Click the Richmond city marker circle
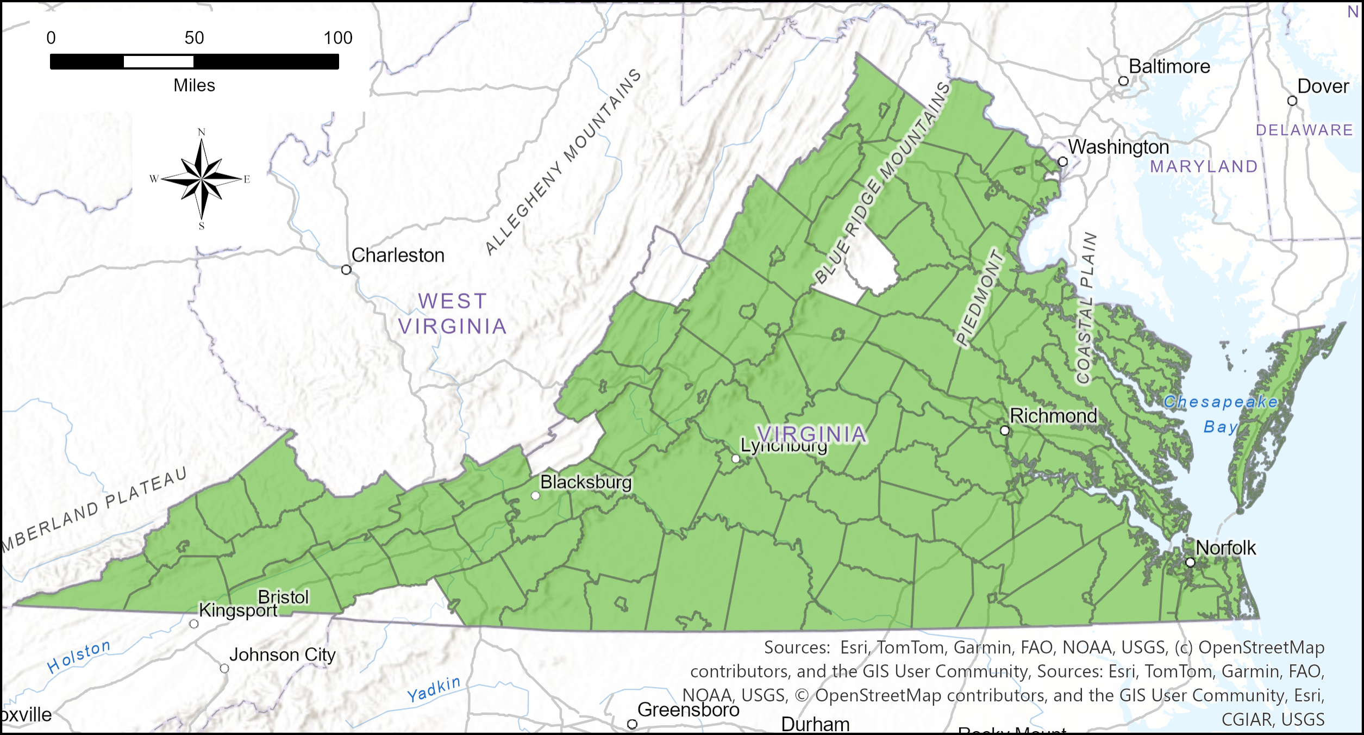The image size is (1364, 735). tap(1005, 431)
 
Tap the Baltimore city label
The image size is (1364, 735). tap(1169, 66)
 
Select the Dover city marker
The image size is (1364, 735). tap(1292, 101)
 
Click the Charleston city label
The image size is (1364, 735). tap(398, 255)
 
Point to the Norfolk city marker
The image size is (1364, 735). tap(1190, 562)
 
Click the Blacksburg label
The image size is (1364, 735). tap(586, 482)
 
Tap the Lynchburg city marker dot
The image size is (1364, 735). tap(736, 458)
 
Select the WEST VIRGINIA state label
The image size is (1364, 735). tap(452, 314)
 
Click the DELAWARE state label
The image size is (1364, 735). tap(1304, 130)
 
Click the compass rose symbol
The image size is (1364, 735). tap(202, 178)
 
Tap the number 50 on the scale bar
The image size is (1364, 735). tap(194, 38)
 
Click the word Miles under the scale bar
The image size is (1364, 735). tap(194, 85)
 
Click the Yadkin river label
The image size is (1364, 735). tap(434, 689)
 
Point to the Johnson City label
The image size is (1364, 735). tap(282, 655)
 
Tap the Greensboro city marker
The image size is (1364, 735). tap(632, 724)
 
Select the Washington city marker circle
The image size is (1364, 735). tap(1063, 161)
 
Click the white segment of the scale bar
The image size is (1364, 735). tap(158, 61)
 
